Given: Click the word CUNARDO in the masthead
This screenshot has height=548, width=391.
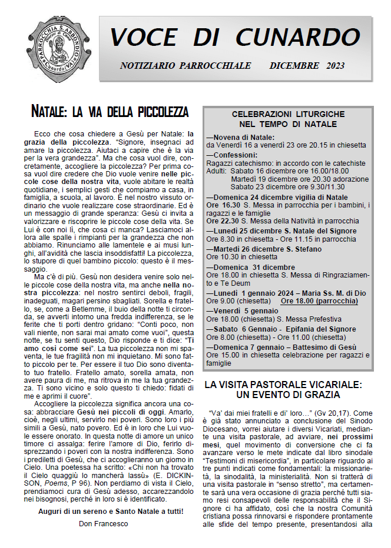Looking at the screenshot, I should (300, 37).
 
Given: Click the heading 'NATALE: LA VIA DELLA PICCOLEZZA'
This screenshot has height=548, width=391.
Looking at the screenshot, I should (110, 112).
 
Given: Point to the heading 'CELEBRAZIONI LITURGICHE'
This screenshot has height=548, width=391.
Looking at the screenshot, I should (284, 114).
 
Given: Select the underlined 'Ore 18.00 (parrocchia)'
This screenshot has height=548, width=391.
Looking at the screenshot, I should (320, 300).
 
